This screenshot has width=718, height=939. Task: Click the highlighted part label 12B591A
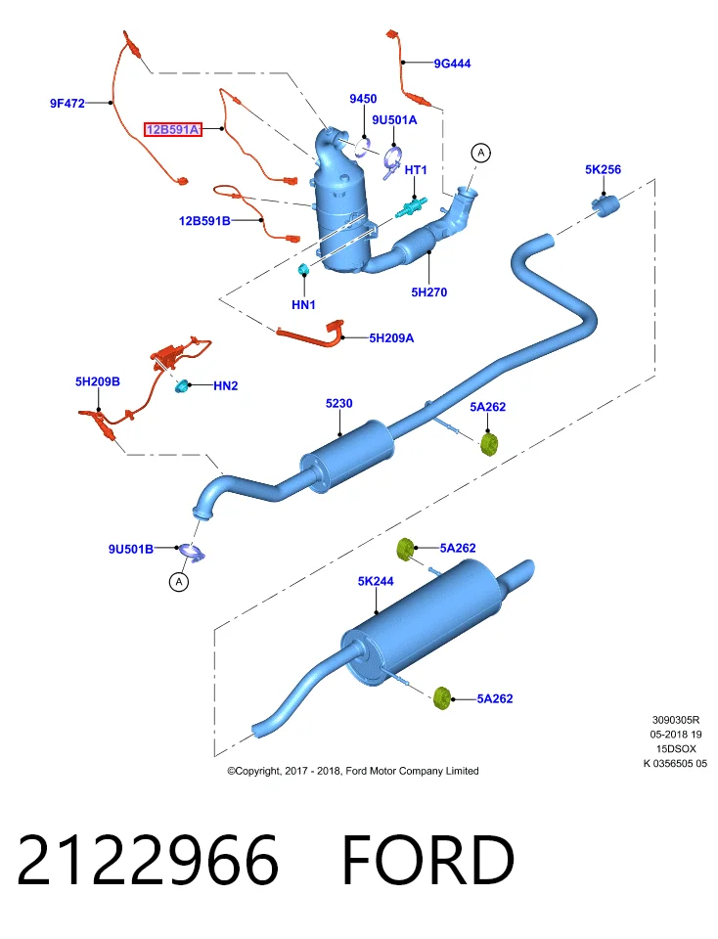172,129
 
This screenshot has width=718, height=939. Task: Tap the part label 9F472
67,103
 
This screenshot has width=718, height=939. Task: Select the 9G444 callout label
452,64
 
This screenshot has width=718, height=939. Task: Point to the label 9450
363,99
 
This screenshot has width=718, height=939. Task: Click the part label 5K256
603,169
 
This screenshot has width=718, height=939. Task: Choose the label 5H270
428,292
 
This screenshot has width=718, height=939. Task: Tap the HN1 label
303,305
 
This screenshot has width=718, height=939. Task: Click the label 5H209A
391,338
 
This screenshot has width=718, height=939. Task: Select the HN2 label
226,386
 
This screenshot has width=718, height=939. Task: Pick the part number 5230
338,404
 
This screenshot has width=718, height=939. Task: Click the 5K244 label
376,581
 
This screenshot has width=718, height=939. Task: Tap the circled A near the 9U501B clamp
179,581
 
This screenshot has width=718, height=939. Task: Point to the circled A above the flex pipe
481,154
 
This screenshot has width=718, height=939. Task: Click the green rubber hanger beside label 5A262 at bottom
442,698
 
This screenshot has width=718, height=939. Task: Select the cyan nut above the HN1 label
303,269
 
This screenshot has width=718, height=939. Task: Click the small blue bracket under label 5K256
606,204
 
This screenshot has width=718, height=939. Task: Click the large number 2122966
148,860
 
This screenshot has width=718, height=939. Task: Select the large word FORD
427,860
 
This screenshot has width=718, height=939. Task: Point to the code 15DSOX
676,749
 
